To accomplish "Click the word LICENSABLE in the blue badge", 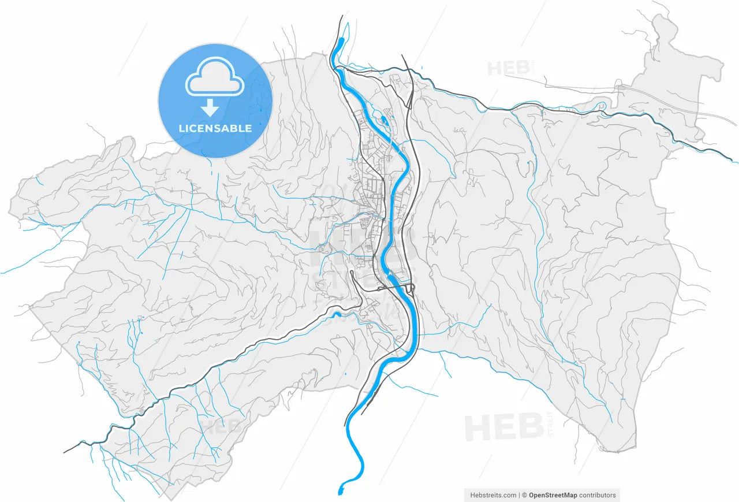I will pos(215,128).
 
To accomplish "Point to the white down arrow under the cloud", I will pos(210,107).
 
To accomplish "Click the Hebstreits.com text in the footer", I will pos(493,495).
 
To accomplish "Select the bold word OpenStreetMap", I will pos(553,495).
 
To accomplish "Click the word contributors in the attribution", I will pos(598,495).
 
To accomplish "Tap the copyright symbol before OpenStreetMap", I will pos(525,495).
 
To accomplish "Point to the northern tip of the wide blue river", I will pos(341,40).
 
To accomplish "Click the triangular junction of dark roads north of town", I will pos(409,98).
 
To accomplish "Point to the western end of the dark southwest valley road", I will pos(65,451).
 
